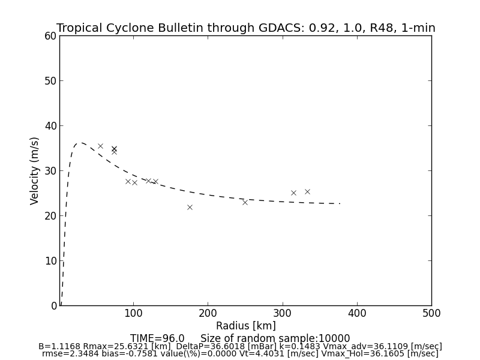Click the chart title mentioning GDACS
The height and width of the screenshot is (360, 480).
(x=245, y=28)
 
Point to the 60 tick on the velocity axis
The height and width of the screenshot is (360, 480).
(x=50, y=36)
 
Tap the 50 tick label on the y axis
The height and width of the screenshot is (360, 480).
(x=50, y=81)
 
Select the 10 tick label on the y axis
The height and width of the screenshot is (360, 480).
(x=50, y=261)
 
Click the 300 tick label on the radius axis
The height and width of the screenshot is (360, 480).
(x=282, y=313)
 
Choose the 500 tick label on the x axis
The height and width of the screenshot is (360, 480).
(x=431, y=313)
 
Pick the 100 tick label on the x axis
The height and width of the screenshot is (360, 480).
(x=133, y=313)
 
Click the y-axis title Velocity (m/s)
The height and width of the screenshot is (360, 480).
(x=35, y=170)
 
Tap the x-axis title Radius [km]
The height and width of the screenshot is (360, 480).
(x=245, y=326)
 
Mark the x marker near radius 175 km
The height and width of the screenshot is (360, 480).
(x=190, y=207)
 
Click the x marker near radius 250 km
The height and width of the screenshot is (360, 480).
(x=245, y=202)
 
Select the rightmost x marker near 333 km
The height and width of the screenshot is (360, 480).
(x=307, y=191)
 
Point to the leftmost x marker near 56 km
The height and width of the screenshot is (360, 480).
(x=100, y=146)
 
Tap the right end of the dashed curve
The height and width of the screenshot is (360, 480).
(x=340, y=203)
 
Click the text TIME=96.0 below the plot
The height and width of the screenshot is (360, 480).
(x=157, y=338)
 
